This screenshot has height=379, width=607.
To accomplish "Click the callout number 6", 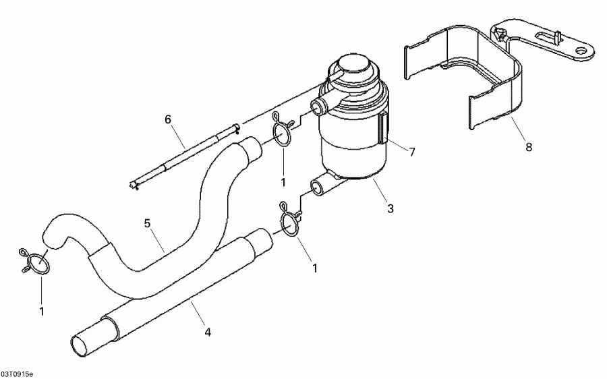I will click(169, 120).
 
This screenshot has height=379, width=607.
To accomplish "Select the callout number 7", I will click(412, 152).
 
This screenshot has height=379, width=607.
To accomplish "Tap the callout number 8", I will click(528, 147).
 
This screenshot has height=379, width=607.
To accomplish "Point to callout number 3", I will click(390, 208).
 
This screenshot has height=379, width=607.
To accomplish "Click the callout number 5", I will click(147, 223).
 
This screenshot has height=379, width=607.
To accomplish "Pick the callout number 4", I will click(208, 331).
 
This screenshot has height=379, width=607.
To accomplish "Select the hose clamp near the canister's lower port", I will click(289, 223).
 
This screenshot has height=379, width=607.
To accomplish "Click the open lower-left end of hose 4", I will click(83, 344).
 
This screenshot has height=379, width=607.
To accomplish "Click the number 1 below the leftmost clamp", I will click(41, 311).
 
